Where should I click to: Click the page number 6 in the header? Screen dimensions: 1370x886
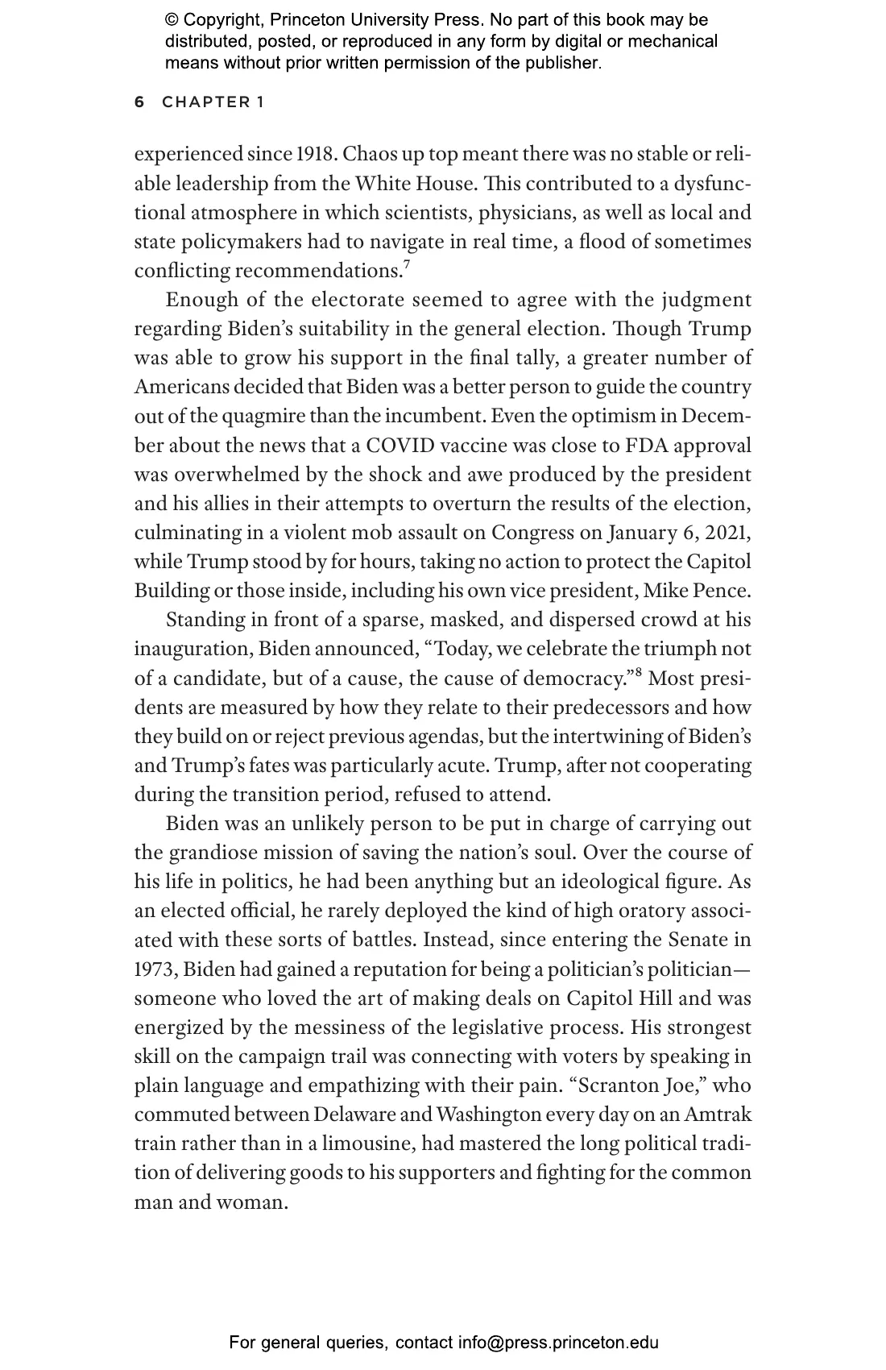coord(139,102)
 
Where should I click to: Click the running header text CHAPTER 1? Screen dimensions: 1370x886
coord(213,102)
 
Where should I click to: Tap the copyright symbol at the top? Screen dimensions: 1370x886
coord(171,20)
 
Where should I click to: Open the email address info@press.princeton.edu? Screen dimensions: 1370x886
coord(558,1343)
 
